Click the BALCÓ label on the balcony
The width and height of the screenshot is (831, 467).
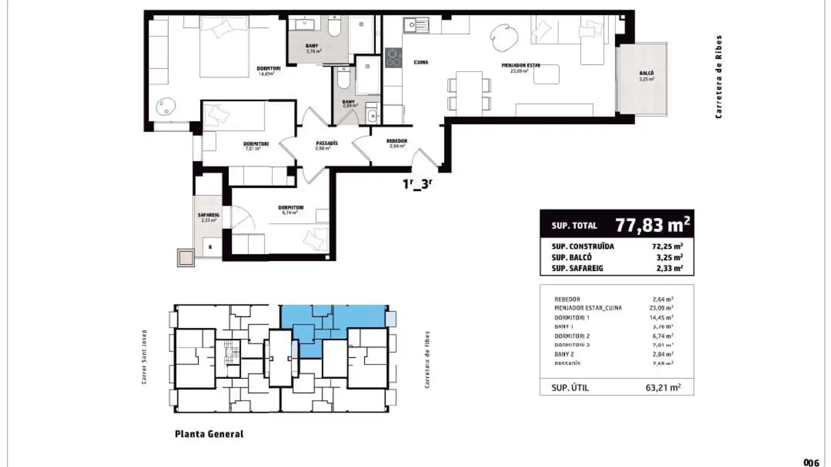(x=646, y=74)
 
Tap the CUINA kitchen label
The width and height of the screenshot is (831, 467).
(x=421, y=62)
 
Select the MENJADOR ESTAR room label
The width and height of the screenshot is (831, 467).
(x=521, y=65)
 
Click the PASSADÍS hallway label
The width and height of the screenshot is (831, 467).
(x=327, y=143)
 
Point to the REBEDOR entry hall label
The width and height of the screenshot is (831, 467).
(x=396, y=141)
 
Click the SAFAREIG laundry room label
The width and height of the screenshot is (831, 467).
(x=209, y=215)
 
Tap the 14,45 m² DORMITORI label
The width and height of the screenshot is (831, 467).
(x=268, y=69)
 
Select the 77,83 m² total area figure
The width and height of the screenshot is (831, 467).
(x=652, y=225)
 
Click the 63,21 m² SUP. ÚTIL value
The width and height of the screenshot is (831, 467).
(x=663, y=387)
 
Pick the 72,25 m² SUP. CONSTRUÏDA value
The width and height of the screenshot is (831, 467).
(x=667, y=246)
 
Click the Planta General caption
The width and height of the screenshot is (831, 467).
(x=209, y=434)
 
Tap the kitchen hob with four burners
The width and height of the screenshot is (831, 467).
(x=393, y=58)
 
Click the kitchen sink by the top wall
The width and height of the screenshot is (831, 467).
(x=415, y=26)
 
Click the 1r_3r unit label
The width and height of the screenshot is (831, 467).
(x=417, y=184)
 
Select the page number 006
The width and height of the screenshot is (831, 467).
(x=811, y=462)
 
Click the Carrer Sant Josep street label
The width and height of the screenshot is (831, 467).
(x=144, y=357)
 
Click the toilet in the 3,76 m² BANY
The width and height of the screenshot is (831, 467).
(x=335, y=27)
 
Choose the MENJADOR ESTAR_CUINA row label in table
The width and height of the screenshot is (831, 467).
(x=588, y=308)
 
